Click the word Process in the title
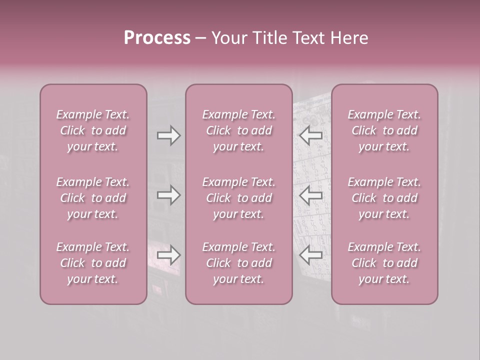tap(157, 38)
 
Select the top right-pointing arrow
tap(169, 135)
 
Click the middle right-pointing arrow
tap(169, 195)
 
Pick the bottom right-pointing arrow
tap(169, 255)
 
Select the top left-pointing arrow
tap(311, 135)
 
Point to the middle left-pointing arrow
tap(311, 195)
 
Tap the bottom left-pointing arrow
tap(311, 255)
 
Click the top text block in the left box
tap(93, 130)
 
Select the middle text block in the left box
tap(93, 198)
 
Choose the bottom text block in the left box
tap(93, 263)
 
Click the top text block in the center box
tap(239, 130)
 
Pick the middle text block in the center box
tap(239, 198)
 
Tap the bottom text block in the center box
tap(239, 263)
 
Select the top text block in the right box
tap(384, 130)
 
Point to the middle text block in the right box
tap(384, 198)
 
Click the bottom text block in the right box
tap(384, 263)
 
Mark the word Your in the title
tap(228, 38)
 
